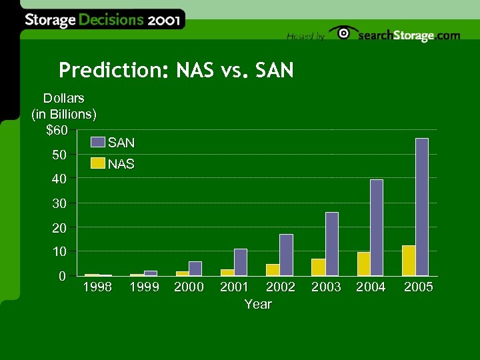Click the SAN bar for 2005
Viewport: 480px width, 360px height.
pyautogui.click(x=422, y=207)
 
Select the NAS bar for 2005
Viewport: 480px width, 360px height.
pyautogui.click(x=409, y=261)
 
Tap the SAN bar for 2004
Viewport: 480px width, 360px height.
pyautogui.click(x=377, y=227)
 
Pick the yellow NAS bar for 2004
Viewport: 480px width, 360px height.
pyautogui.click(x=363, y=263)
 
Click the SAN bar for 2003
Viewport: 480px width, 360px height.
pyautogui.click(x=331, y=243)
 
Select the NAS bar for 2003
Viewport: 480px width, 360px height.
pyautogui.click(x=318, y=267)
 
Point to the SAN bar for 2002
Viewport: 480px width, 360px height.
pyautogui.click(x=286, y=255)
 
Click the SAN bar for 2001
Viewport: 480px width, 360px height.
pyautogui.click(x=241, y=262)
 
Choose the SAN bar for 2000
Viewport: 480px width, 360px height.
pyautogui.click(x=195, y=268)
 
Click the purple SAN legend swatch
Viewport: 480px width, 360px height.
pyautogui.click(x=98, y=142)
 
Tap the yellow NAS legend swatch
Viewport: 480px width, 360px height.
pyautogui.click(x=98, y=163)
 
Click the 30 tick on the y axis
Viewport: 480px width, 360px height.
pyautogui.click(x=60, y=203)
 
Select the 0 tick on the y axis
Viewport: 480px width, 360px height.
pyautogui.click(x=62, y=275)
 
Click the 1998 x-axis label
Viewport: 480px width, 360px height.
pyautogui.click(x=97, y=287)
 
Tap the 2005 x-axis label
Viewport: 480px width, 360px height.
pyautogui.click(x=419, y=287)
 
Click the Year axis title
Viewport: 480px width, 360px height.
pyautogui.click(x=258, y=304)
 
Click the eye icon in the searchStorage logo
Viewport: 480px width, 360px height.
pyautogui.click(x=343, y=33)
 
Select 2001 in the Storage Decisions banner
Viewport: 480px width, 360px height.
pyautogui.click(x=164, y=20)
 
